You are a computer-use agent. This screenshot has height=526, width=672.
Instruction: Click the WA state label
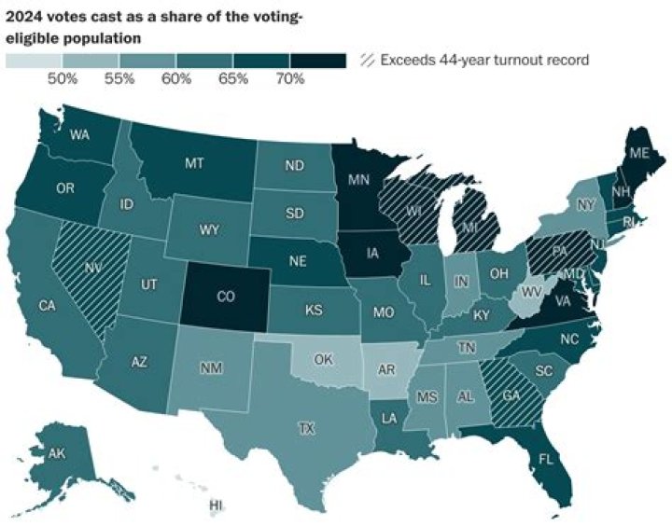[79, 132]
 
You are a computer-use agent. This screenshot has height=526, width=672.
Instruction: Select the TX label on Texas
[305, 429]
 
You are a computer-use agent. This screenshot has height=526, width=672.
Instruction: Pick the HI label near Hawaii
[217, 505]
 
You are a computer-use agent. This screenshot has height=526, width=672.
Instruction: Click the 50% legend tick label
[63, 79]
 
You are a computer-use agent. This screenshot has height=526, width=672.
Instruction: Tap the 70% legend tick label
[290, 79]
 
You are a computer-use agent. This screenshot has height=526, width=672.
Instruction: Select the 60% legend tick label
[176, 79]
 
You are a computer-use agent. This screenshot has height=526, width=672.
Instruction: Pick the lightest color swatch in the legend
[34, 61]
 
